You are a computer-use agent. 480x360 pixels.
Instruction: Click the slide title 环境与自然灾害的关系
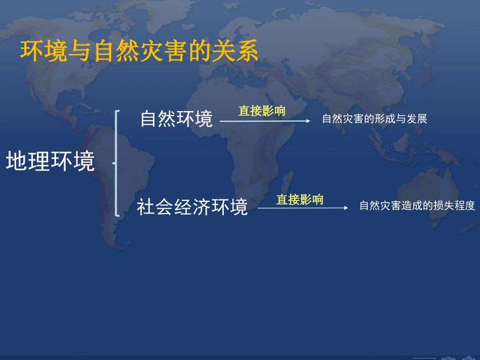tap(139, 52)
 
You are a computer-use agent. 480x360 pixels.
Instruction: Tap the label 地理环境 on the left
tap(51, 162)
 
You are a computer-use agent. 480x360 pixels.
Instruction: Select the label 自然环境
tap(176, 119)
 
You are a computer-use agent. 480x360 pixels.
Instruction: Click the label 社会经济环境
tap(193, 207)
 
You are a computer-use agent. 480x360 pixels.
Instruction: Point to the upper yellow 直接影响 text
tap(262, 111)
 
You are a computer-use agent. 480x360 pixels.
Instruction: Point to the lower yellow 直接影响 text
tap(300, 199)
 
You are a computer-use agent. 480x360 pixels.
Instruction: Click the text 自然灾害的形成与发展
tap(374, 119)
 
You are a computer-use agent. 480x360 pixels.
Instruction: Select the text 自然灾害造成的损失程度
tap(417, 206)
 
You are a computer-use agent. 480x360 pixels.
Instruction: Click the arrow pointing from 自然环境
tap(265, 121)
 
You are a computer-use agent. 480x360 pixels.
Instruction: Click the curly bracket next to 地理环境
tap(117, 163)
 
